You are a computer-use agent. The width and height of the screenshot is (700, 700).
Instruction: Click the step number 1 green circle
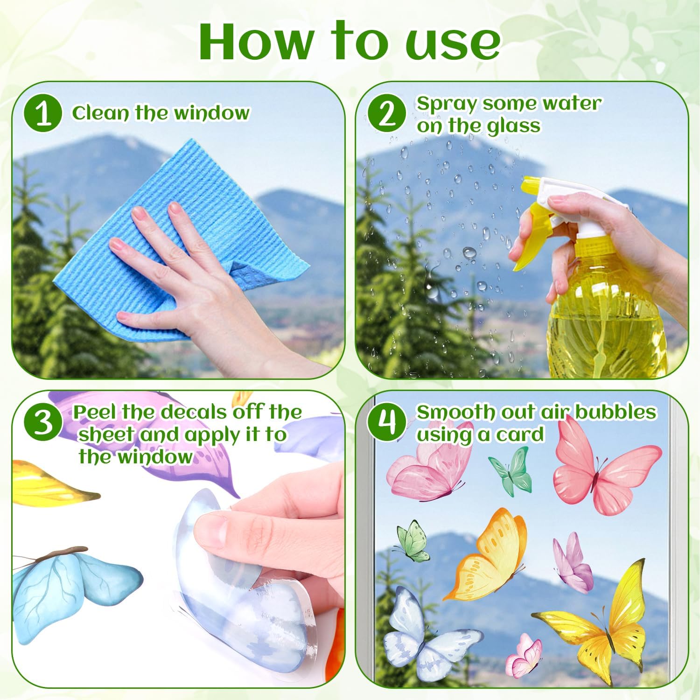(44, 113)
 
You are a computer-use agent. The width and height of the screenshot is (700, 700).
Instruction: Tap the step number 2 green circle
(386, 113)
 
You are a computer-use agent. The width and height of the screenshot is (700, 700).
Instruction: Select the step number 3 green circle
(44, 422)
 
